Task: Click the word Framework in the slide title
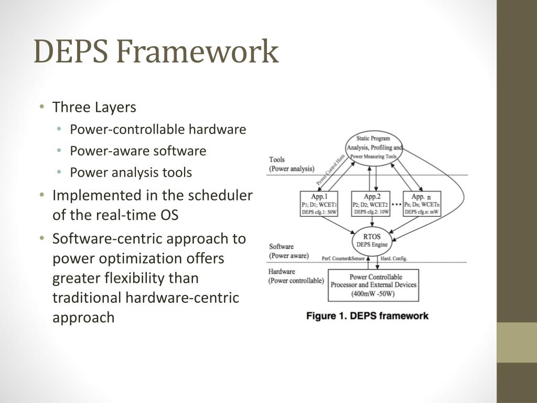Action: coord(197,52)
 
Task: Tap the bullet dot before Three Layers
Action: coord(42,108)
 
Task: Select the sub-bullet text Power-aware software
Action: coord(138,151)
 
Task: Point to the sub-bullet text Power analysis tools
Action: coord(131,173)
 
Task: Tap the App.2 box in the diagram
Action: coord(371,204)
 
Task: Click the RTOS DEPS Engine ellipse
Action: coord(372,240)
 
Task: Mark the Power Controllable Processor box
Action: coord(373,285)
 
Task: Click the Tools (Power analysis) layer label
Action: coord(292,164)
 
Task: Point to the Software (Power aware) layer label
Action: coord(288,251)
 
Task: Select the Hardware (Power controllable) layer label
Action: coord(296,276)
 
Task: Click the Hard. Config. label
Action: coord(394,258)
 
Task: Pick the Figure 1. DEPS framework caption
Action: coord(367,316)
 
